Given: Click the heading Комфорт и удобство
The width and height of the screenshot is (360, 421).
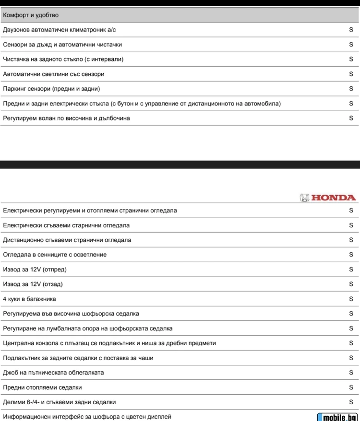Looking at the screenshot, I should pos(31,15).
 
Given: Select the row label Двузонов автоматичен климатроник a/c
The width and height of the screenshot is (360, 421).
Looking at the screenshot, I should pos(60,30).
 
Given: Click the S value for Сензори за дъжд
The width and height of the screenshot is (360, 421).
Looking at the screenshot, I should pos(351,45).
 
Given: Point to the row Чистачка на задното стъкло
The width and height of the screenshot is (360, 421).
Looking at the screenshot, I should pos(63,59).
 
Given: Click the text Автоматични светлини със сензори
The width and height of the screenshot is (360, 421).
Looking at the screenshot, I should pos(54,74).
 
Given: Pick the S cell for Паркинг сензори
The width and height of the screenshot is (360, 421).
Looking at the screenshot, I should pos(351,89).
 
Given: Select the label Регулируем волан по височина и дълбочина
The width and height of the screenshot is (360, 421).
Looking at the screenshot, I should pos(66,118).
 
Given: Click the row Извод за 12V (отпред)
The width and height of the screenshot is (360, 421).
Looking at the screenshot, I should pos(35,269).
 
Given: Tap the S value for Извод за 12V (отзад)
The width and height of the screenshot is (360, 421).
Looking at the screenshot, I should pos(351,284).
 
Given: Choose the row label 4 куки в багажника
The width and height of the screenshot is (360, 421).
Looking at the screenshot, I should pos(29,299).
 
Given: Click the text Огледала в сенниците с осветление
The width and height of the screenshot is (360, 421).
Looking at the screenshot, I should pos(55,255).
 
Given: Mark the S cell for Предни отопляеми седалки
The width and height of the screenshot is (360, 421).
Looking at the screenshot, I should pos(351,387).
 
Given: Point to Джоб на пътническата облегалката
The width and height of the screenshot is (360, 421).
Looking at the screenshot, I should pos(53,373).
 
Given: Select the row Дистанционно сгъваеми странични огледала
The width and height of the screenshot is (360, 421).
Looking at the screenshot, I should pos(67,240).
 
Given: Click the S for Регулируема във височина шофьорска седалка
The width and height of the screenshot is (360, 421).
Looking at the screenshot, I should pos(351,314).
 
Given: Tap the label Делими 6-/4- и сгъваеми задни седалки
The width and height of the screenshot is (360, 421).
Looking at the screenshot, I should pos(59,402).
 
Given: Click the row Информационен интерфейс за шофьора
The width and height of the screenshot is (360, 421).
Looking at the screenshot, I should pos(87,416).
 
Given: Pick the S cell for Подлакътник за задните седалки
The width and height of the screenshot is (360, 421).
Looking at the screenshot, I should pos(351,358).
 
